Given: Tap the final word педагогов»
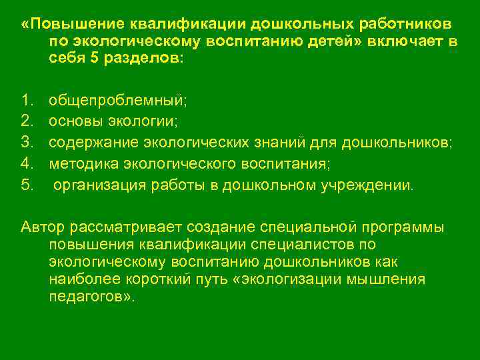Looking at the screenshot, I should pyautogui.click(x=91, y=296).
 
